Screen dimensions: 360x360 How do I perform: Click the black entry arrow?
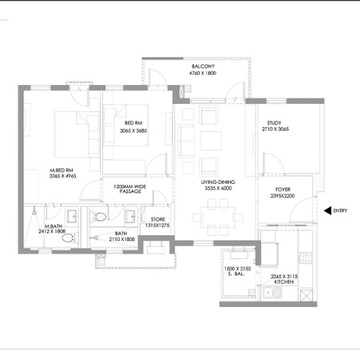pyautogui.click(x=328, y=211)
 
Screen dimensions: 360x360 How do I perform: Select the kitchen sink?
pyautogui.click(x=275, y=297)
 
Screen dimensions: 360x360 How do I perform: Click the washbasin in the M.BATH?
pyautogui.click(x=70, y=214)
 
